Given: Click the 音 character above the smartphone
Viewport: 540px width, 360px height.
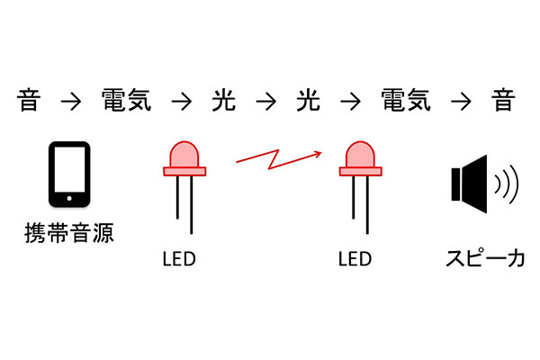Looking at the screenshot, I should (29, 101).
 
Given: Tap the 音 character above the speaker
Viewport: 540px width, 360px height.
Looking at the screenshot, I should (502, 101).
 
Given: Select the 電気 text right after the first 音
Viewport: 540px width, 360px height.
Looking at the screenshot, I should (124, 101).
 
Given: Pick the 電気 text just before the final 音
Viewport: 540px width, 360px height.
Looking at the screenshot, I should (405, 101).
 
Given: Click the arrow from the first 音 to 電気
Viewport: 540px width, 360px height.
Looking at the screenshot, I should (70, 102).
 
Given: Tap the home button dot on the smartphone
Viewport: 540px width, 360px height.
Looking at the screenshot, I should (69, 197).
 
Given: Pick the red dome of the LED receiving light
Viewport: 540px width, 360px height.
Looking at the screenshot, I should (359, 154).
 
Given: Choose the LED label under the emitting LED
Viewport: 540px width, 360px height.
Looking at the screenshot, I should (178, 260).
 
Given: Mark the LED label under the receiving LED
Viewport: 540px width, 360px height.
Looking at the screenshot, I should (354, 260).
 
